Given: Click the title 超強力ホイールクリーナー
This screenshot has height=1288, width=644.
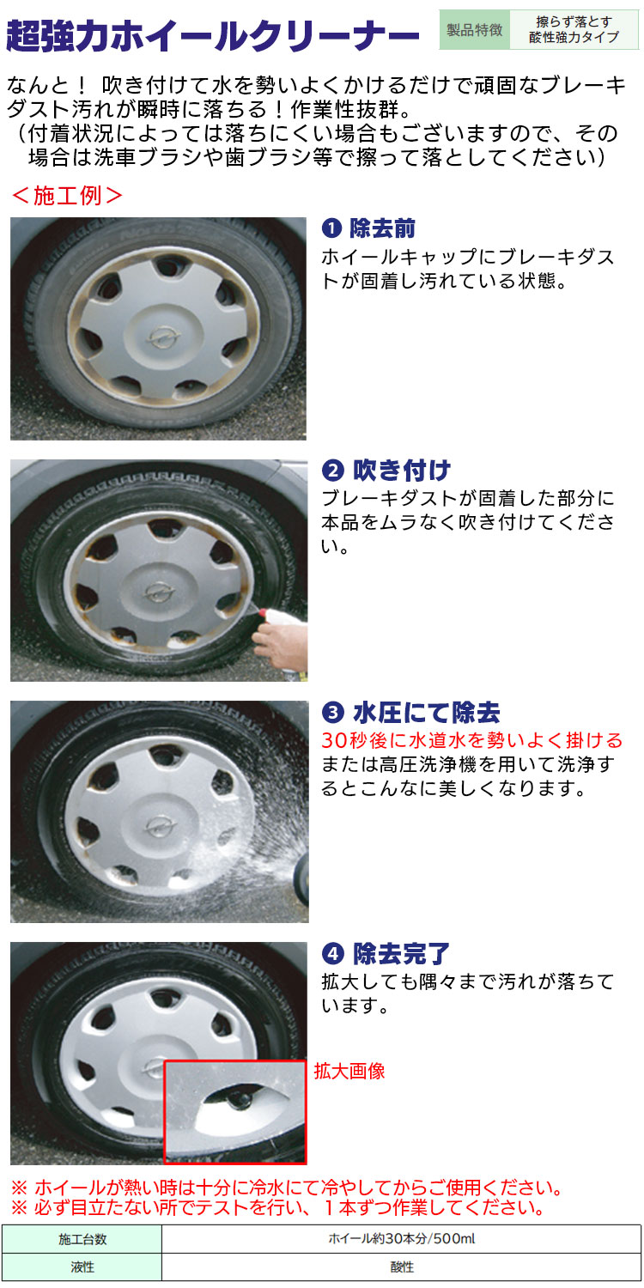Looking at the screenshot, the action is point(212,35).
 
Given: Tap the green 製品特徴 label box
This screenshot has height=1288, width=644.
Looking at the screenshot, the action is point(474,29).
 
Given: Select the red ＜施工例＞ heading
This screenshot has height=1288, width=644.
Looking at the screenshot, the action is point(67,196).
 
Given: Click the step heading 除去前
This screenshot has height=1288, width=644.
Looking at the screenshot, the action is point(382,228).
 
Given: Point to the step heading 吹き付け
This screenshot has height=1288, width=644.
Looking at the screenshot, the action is point(401,471).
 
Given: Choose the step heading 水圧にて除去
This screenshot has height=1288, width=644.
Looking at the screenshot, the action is point(426,713).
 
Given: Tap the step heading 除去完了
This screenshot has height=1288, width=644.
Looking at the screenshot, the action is point(401,954).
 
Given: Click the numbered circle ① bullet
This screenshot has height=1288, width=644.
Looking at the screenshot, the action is point(331,229).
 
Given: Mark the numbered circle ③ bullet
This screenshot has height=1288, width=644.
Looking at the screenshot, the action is point(332,714).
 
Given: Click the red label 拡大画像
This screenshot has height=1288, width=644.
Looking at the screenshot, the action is point(349,1072).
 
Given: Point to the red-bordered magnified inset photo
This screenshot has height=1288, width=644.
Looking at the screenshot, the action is point(235,1113).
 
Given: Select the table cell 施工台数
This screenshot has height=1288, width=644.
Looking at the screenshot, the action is point(82,1239).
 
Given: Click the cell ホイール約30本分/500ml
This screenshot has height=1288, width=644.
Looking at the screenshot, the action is point(401,1239).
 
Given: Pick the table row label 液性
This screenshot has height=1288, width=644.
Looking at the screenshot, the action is point(82,1267).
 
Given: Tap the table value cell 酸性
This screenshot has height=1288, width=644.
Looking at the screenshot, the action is point(401,1267).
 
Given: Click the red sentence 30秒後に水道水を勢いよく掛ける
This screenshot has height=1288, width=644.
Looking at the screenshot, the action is point(472,740).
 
